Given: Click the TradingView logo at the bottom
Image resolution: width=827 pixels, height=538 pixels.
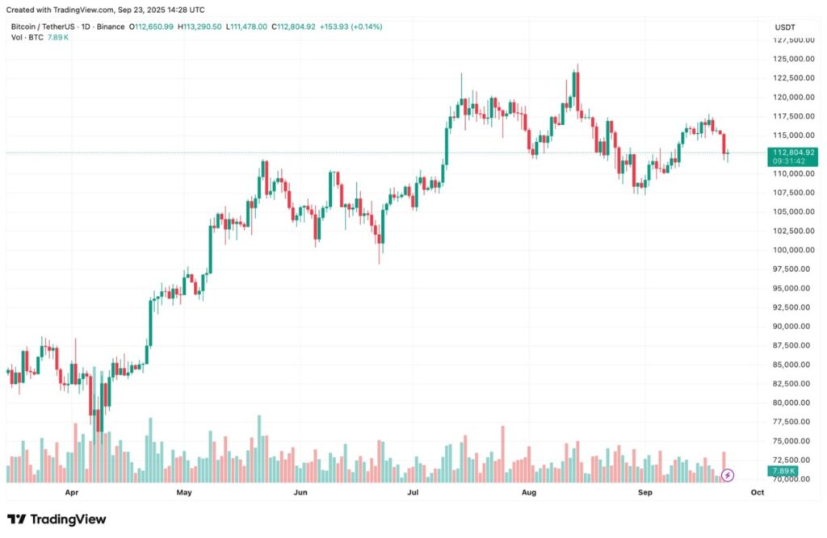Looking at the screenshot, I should pyautogui.click(x=57, y=519).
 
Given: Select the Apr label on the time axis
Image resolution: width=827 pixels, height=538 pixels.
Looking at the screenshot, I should pyautogui.click(x=72, y=491).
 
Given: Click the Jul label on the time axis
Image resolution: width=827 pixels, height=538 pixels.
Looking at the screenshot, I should pyautogui.click(x=413, y=491).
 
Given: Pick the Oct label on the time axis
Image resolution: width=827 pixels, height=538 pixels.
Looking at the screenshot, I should pyautogui.click(x=757, y=491).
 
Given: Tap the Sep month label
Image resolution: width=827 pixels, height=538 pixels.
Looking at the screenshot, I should pyautogui.click(x=644, y=491).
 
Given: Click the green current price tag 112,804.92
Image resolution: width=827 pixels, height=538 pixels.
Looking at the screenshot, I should pyautogui.click(x=794, y=152).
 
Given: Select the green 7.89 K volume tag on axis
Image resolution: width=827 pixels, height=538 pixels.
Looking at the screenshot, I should pyautogui.click(x=783, y=471).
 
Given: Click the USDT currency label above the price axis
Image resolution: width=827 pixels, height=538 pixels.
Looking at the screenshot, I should pyautogui.click(x=785, y=27).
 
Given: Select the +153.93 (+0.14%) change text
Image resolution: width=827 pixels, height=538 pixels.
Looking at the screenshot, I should pyautogui.click(x=351, y=27).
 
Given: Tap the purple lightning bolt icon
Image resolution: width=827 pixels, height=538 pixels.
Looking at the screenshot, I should pyautogui.click(x=728, y=475).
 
